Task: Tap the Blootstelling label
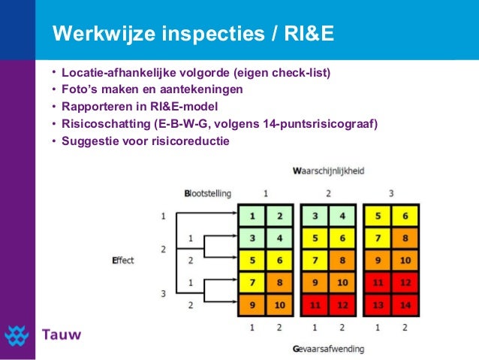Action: pyautogui.click(x=207, y=193)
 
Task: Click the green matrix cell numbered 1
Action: pyautogui.click(x=252, y=216)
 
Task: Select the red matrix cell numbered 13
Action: pyautogui.click(x=378, y=306)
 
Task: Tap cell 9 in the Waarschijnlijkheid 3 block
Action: pyautogui.click(x=378, y=261)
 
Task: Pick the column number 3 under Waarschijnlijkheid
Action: pyautogui.click(x=391, y=193)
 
